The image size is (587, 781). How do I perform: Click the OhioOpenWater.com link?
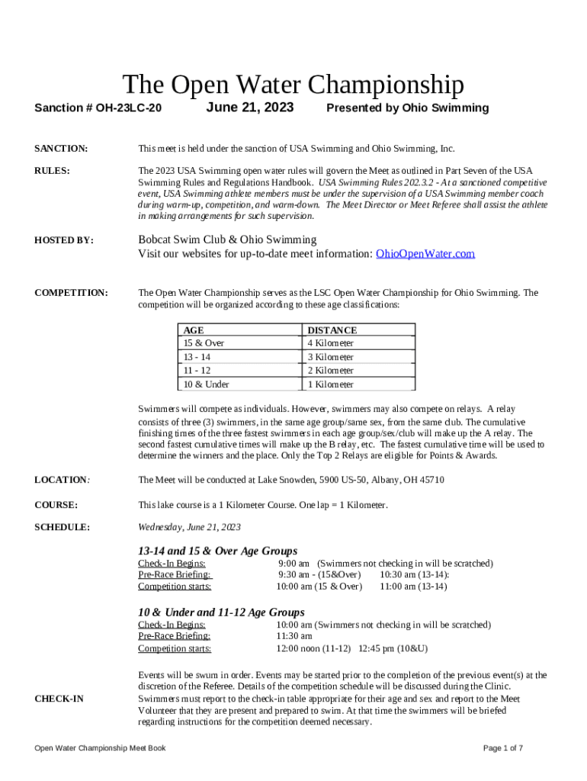point(425,254)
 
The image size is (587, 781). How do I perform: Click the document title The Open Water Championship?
point(293,84)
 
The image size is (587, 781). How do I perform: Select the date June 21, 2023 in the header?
point(249,108)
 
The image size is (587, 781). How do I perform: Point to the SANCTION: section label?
point(61,148)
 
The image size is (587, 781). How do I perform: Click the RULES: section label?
point(53,171)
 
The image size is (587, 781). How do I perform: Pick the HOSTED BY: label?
point(64,240)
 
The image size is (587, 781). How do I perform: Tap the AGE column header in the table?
point(194,330)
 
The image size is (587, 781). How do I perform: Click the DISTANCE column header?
point(332,330)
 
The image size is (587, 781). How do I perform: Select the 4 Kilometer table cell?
point(330,343)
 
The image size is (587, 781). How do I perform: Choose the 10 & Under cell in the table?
point(206,384)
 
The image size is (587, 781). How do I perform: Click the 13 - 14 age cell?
point(197,357)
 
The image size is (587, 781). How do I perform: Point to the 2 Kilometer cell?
point(330,371)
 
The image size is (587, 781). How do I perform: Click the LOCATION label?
point(61,480)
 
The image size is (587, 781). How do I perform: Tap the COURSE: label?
point(56,505)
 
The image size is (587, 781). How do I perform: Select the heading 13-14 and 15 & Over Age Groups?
point(217,551)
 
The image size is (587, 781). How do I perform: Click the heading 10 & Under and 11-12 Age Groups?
point(221,612)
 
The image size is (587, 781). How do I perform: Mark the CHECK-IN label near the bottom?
point(59,699)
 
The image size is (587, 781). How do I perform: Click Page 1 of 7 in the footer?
point(503,748)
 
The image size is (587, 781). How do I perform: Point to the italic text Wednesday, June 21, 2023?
point(189,527)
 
